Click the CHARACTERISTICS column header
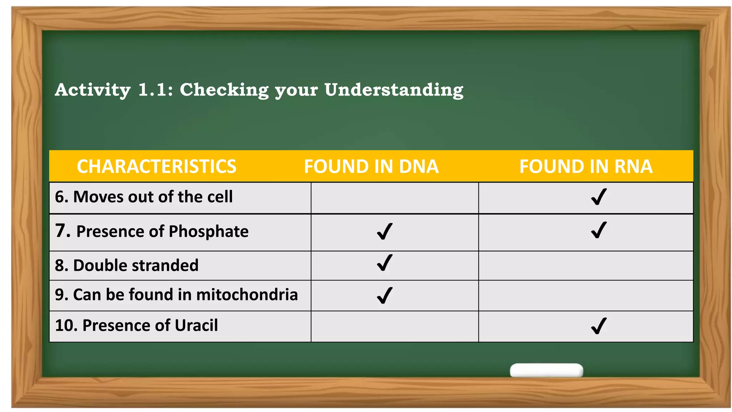point(157,167)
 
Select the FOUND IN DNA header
point(371,167)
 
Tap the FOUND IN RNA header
point(586,167)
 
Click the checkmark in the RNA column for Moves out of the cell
point(599,197)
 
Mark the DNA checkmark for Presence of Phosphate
point(385,231)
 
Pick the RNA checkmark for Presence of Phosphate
point(599,230)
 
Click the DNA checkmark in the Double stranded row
point(385,263)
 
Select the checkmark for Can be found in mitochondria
point(385,295)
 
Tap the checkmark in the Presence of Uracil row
point(599,326)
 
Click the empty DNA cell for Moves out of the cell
point(395,198)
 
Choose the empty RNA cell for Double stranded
point(585,266)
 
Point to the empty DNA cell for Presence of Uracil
point(395,327)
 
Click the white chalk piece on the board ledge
point(546,371)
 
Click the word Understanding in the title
point(394,90)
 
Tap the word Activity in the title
point(93,90)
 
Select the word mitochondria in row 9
point(247,295)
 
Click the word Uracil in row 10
point(196,325)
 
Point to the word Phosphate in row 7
point(208,231)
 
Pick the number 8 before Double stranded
point(59,265)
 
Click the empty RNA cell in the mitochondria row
point(585,296)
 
